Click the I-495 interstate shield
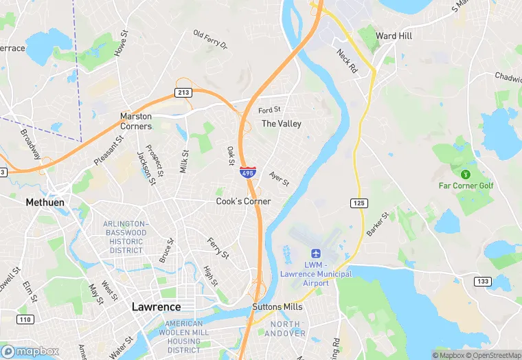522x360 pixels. pyautogui.click(x=248, y=172)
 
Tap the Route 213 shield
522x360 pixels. pyautogui.click(x=183, y=92)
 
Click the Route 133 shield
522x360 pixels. pyautogui.click(x=482, y=282)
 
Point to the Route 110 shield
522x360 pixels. pyautogui.click(x=25, y=319)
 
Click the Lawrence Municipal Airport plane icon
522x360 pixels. pyautogui.click(x=316, y=254)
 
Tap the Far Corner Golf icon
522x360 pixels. pyautogui.click(x=466, y=174)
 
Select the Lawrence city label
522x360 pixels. pyautogui.click(x=156, y=306)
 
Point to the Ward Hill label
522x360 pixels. pyautogui.click(x=394, y=36)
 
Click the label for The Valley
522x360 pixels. pyautogui.click(x=282, y=124)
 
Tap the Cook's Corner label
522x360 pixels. pyautogui.click(x=243, y=201)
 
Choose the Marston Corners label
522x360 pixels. pyautogui.click(x=136, y=122)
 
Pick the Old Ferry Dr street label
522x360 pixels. pyautogui.click(x=209, y=40)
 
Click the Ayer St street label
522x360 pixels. pyautogui.click(x=279, y=179)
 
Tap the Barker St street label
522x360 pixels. pyautogui.click(x=377, y=225)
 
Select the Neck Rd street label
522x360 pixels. pyautogui.click(x=348, y=61)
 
